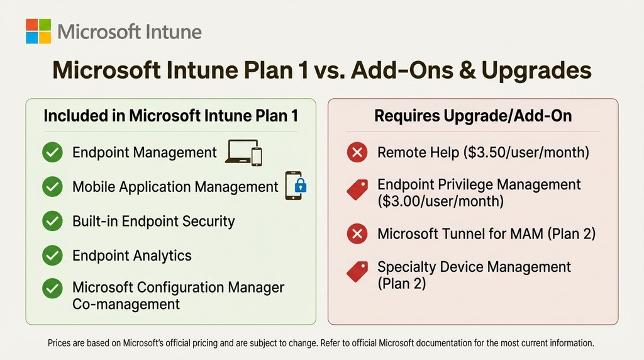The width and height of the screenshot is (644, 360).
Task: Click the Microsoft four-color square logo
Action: point(38,31)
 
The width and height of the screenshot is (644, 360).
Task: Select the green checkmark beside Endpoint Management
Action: point(52,153)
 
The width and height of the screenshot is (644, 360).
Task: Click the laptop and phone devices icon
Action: point(243,152)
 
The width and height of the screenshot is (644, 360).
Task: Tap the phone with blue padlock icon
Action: point(296,186)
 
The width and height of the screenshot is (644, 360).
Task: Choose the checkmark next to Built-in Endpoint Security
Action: point(52,221)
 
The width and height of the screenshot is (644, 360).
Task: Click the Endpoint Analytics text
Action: point(132,256)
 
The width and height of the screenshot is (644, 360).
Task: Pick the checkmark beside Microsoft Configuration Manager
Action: point(52,288)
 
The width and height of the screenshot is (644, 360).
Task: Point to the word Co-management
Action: point(126,304)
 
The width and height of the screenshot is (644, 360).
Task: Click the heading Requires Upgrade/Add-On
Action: point(473,116)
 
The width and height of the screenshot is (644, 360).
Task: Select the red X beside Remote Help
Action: point(357,153)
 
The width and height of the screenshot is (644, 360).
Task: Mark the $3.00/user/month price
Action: point(440,201)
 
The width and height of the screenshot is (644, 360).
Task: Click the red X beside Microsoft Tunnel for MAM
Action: point(357,234)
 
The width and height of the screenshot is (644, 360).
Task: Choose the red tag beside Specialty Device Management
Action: point(357,271)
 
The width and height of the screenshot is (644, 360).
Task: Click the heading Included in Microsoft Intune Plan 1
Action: point(170,116)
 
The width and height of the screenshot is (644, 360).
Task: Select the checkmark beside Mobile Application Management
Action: point(52,187)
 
